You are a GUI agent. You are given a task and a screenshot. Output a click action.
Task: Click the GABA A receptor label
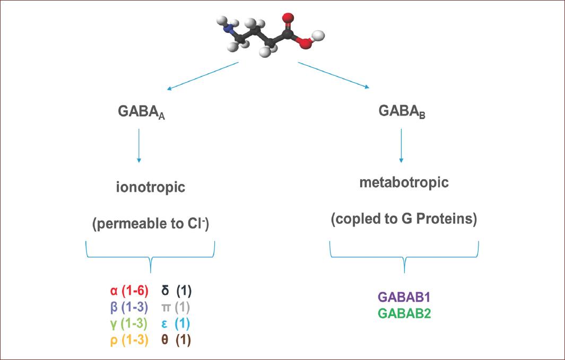coord(141,113)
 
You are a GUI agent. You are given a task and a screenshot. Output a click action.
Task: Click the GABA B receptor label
coord(402,112)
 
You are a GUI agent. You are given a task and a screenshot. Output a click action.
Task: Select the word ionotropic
coord(151,188)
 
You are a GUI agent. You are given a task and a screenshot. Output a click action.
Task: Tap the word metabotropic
coord(404,182)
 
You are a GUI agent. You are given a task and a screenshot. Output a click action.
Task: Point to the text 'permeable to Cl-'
coord(151,224)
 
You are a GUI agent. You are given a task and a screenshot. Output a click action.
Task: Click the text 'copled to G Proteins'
coord(404,218)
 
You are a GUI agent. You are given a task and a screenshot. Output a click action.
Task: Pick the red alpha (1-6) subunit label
coord(127,291)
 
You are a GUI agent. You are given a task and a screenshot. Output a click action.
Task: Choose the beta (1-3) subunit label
coord(127,307)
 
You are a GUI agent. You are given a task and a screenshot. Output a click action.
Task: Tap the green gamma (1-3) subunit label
coord(127,323)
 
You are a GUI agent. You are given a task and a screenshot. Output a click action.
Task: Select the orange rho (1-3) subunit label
coord(127,340)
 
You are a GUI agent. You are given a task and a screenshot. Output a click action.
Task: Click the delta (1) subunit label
coord(176,291)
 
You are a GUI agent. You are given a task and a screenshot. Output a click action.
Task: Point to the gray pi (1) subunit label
coord(176,307)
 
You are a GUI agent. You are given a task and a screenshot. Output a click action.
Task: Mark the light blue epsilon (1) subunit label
coord(176,323)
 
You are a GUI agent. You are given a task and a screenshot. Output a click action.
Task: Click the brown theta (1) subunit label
coord(176,340)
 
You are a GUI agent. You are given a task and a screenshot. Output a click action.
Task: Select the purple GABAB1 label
coord(404,297)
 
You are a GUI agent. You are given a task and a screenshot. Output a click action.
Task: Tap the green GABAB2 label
coord(404,313)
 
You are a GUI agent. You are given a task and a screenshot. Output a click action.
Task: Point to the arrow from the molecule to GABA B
coord(334,76)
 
